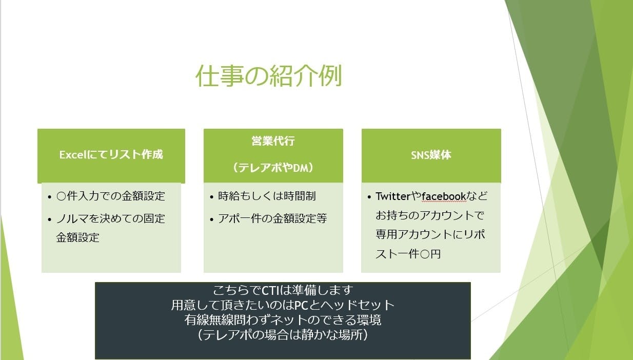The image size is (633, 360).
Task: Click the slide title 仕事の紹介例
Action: point(269,76)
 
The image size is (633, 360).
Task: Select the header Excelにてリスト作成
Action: point(111,154)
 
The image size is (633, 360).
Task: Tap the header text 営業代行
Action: point(273,141)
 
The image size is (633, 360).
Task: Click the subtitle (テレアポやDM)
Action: point(273,168)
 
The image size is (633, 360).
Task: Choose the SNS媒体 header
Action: point(431,155)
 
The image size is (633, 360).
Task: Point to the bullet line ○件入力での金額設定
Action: point(110,196)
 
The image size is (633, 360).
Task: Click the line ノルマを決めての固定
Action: point(110,218)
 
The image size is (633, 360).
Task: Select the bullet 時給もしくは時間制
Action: point(267,196)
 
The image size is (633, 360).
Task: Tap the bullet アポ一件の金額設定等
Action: point(272,218)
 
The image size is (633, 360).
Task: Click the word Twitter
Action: point(393,196)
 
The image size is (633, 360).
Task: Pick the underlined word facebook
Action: point(444,196)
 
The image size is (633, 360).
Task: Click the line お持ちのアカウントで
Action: point(430,215)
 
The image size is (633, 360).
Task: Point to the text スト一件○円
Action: point(408,254)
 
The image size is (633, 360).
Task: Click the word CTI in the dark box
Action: point(270,290)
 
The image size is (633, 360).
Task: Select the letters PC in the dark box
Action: point(301,305)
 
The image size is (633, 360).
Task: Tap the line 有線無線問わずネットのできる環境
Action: point(283,320)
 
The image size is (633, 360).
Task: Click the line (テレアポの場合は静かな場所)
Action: point(283,335)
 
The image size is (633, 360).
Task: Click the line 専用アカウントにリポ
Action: point(430,234)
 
